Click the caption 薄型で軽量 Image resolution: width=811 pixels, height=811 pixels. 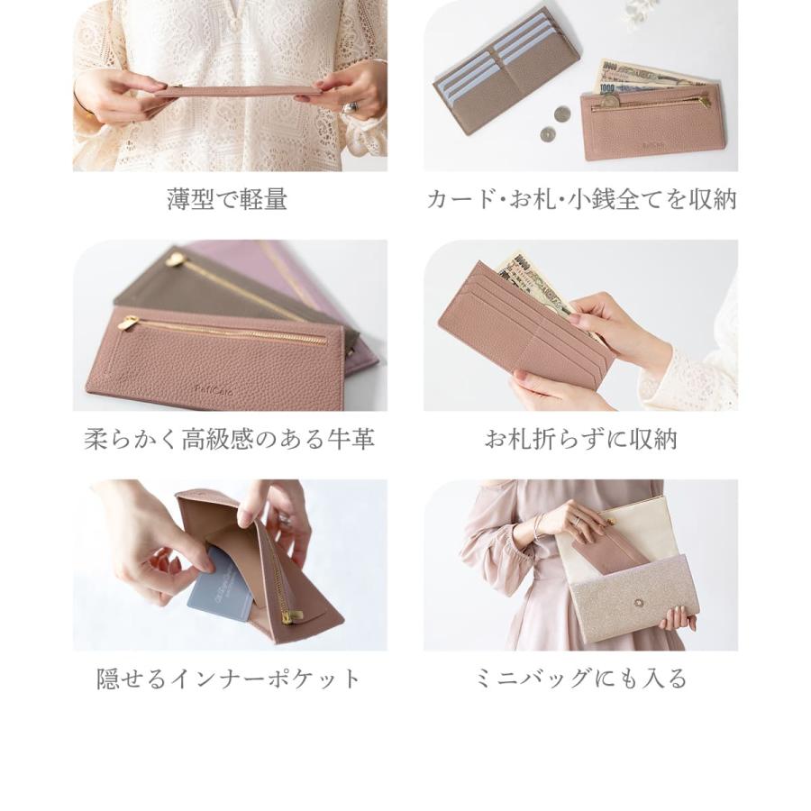[x=227, y=199]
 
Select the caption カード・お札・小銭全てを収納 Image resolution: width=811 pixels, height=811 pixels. [x=581, y=199]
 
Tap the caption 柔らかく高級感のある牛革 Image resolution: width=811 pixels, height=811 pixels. [x=229, y=439]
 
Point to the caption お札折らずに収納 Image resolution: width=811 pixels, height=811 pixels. [x=580, y=439]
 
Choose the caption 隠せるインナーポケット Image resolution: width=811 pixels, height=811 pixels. [x=229, y=679]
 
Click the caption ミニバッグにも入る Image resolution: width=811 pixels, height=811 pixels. [x=580, y=679]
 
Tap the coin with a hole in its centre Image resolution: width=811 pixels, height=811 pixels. [x=547, y=134]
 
